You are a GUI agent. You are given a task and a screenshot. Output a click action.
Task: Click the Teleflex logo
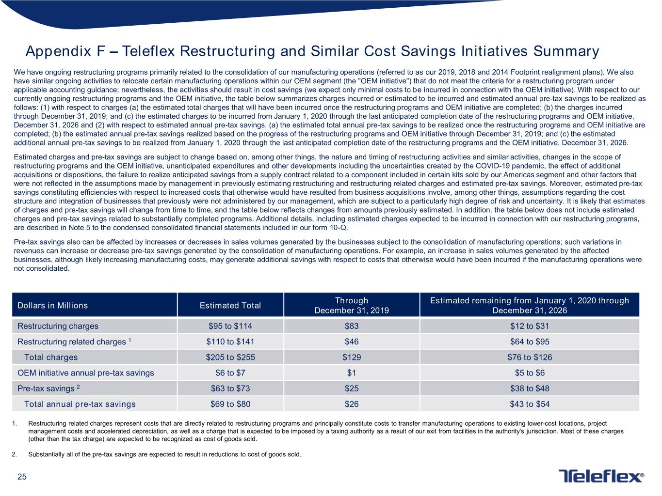601,476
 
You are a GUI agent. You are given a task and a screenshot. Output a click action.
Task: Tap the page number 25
22,477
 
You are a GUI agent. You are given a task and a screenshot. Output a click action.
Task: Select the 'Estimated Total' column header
230,305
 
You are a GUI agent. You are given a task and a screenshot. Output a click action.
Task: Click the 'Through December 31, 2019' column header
352,305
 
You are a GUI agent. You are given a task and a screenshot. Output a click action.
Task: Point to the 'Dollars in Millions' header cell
52,305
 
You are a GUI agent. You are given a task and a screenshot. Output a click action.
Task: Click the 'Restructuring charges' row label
58,326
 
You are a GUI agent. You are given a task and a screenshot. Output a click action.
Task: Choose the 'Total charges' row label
51,357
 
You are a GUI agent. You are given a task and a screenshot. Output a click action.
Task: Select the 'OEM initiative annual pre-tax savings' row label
86,373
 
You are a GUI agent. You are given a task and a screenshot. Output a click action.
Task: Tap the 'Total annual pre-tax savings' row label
80,404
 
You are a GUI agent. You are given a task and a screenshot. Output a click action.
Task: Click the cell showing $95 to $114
230,326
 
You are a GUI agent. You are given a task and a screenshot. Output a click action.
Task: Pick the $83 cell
352,326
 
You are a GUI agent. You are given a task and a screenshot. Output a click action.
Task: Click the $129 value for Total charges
352,357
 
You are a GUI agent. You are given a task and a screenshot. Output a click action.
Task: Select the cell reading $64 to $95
530,341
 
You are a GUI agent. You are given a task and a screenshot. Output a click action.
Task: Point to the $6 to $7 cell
230,373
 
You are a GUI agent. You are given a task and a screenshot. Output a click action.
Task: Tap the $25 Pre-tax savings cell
352,388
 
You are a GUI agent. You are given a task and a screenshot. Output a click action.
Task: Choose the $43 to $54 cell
530,404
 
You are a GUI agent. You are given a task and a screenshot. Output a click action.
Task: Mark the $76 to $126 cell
530,357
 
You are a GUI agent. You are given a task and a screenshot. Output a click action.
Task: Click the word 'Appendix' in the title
58,52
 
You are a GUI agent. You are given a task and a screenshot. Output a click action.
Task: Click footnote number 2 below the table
14,454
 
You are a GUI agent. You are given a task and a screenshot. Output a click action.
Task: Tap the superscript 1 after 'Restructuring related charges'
129,340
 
